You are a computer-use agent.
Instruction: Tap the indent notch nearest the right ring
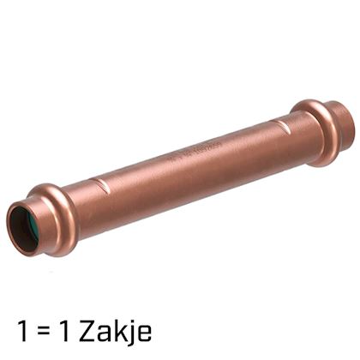point(281,126)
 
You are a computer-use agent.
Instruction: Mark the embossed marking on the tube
point(195,152)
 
